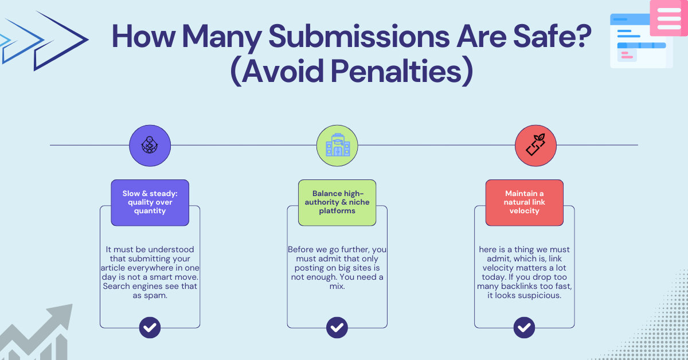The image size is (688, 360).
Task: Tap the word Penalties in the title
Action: [396, 72]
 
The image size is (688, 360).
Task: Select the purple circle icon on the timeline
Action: [150, 146]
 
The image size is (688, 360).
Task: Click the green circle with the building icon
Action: [337, 146]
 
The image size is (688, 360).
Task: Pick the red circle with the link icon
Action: [535, 146]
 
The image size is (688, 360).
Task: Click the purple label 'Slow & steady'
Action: [150, 202]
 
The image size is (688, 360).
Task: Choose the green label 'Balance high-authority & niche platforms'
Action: [337, 202]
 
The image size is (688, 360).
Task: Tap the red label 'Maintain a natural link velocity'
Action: [525, 202]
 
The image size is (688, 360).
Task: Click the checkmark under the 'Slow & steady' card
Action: [150, 328]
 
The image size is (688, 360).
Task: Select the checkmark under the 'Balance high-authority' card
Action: [337, 328]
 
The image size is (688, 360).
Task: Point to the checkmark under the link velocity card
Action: [525, 328]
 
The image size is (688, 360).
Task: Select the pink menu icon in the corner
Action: [669, 18]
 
